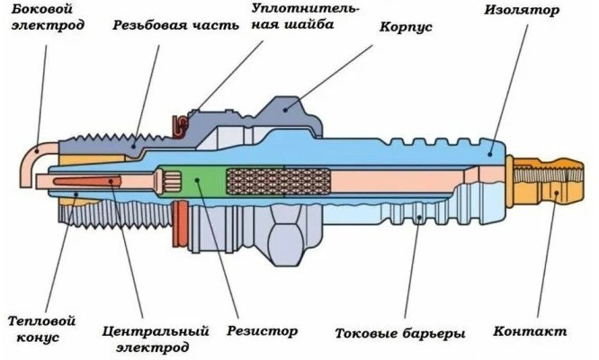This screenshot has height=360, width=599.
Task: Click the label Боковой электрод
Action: [44, 17]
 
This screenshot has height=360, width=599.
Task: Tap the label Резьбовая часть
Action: [176, 25]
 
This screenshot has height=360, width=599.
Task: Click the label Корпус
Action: [406, 28]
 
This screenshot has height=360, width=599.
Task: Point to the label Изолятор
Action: [521, 11]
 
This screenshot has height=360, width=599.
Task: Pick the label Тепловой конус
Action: [40, 328]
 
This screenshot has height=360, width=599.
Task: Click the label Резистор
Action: [263, 331]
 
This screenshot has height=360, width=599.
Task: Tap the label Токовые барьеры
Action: [399, 334]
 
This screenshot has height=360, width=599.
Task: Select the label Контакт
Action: [530, 331]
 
